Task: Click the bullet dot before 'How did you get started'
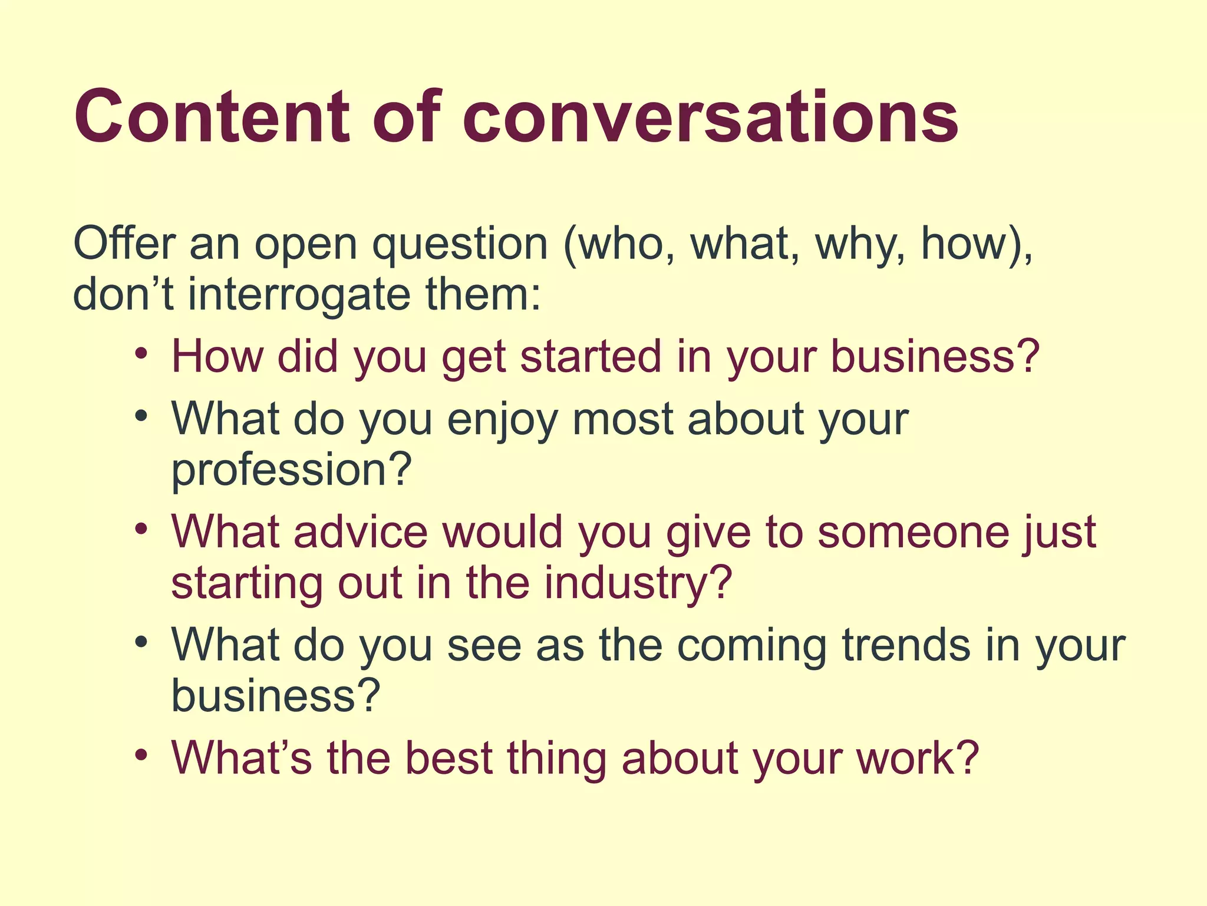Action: pos(141,354)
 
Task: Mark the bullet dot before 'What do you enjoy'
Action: pos(141,416)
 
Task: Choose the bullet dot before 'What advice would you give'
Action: pos(141,528)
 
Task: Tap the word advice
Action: pos(360,531)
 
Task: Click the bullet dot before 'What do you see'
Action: pos(141,642)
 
